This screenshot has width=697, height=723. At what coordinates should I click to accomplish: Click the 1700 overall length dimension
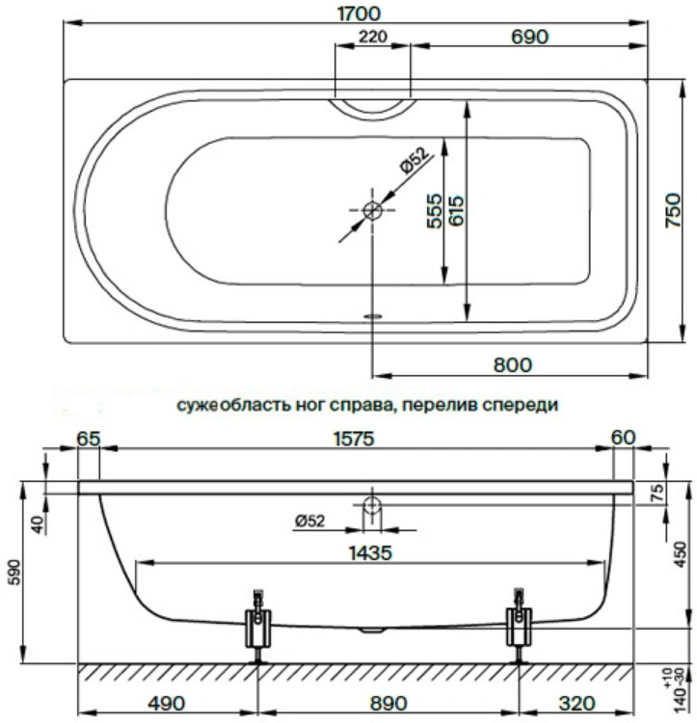[x=360, y=13]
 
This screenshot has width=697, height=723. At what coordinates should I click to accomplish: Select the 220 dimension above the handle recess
[x=373, y=36]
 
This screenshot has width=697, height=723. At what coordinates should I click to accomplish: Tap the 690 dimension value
[x=529, y=37]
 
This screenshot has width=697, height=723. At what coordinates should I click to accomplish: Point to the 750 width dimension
[x=673, y=210]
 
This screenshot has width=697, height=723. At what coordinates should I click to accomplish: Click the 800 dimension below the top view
[x=513, y=364]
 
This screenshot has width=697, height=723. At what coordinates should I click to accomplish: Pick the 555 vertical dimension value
[x=434, y=211]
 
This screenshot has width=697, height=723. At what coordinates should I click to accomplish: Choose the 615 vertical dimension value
[x=456, y=211]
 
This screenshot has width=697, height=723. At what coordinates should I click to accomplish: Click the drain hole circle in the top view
[x=372, y=211]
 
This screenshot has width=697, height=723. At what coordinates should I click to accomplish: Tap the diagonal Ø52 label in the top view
[x=415, y=160]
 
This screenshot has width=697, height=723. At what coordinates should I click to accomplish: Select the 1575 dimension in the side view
[x=354, y=439]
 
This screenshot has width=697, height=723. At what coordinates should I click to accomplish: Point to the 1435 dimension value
[x=370, y=552]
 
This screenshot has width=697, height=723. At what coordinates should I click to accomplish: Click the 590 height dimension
[x=15, y=573]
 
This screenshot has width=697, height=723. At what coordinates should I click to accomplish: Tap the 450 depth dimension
[x=680, y=555]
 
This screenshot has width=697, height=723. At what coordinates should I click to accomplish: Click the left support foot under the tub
[x=258, y=627]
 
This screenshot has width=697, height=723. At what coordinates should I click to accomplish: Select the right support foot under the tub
[x=519, y=627]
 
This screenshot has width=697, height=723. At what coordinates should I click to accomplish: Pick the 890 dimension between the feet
[x=389, y=704]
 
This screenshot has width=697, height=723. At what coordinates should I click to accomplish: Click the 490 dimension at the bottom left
[x=167, y=704]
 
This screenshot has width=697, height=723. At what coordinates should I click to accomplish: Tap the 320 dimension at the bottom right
[x=576, y=704]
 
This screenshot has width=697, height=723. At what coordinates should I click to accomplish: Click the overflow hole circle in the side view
[x=371, y=506]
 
